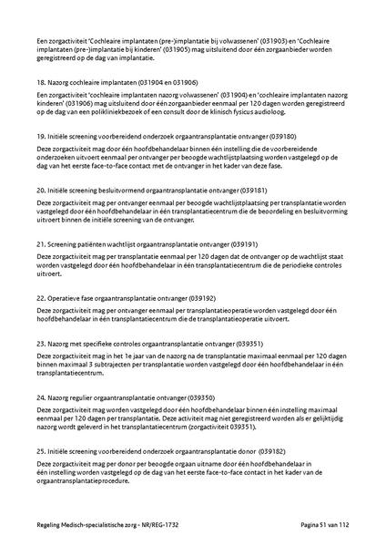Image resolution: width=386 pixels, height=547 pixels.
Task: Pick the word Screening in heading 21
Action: pos(65,245)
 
